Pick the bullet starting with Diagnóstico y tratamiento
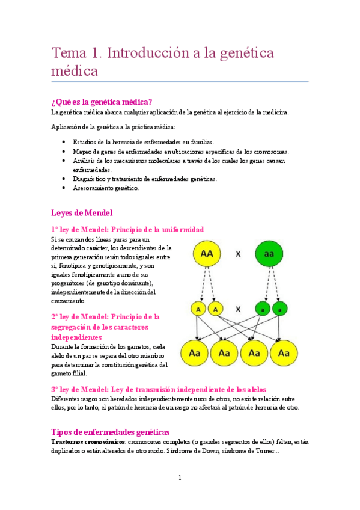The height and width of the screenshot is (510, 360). (x=145, y=179)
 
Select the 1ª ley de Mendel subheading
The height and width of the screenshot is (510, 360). (x=127, y=229)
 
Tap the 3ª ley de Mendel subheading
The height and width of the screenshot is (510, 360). (x=159, y=389)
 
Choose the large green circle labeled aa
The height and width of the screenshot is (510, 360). (x=270, y=254)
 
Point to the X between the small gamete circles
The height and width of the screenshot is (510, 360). (x=238, y=309)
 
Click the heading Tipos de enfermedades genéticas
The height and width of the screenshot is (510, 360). (x=111, y=432)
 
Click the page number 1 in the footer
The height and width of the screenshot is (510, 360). (x=180, y=478)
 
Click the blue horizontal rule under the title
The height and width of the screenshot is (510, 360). (x=180, y=81)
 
